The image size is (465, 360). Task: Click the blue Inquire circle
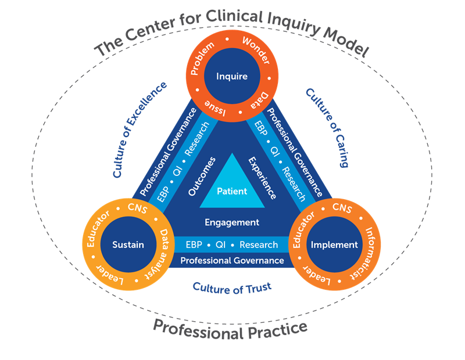pos(232,77)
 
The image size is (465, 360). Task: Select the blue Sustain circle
pos(127,244)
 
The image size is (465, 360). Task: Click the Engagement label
pos(232,222)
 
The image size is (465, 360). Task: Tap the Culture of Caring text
pos(327,128)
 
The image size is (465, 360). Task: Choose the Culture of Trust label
pos(232,287)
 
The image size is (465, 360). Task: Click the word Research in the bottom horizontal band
pos(259,244)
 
